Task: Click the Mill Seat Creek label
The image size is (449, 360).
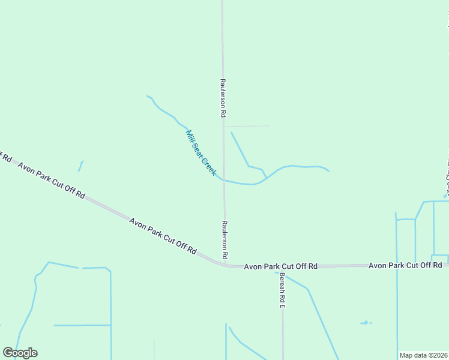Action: pos(201,153)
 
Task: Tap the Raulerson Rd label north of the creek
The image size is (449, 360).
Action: pos(222,98)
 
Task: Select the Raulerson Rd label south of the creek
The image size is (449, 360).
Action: pos(224,239)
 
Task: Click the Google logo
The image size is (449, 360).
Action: pos(20,353)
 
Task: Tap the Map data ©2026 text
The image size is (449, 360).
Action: pos(424,355)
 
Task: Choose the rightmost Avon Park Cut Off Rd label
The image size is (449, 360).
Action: pos(405,265)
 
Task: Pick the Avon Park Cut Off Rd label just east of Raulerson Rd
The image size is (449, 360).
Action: pos(280,265)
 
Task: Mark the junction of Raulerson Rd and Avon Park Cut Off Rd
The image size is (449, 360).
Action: pos(226,265)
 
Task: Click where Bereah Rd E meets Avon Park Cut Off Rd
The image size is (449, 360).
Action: pos(282,265)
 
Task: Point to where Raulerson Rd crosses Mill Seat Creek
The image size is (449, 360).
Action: pos(224,180)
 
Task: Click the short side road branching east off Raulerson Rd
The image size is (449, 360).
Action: pos(247,126)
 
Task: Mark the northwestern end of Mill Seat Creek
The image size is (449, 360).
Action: pos(148,96)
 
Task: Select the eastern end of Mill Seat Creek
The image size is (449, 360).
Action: pos(328,171)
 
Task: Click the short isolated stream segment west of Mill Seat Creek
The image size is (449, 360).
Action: pos(80,166)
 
